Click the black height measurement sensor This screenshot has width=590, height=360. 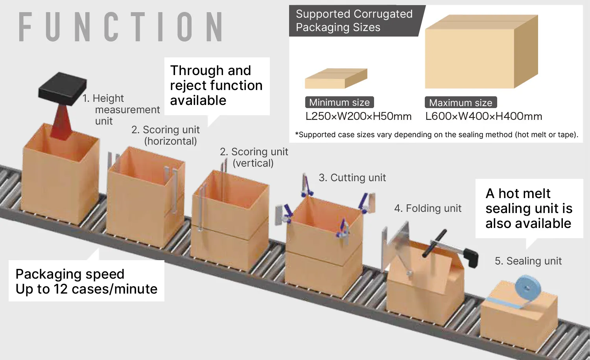click(63, 88)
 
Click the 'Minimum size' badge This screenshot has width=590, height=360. click(339, 103)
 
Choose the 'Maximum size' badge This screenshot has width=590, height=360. click(461, 103)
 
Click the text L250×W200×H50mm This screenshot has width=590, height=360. click(358, 116)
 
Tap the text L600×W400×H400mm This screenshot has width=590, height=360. click(483, 116)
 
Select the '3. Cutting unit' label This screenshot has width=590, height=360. click(352, 178)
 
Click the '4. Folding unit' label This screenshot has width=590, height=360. click(428, 208)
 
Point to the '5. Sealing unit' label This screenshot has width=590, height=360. click(528, 261)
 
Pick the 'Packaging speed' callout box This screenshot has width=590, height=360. click(87, 281)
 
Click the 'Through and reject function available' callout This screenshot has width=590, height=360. click(216, 86)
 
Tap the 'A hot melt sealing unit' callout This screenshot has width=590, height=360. click(529, 208)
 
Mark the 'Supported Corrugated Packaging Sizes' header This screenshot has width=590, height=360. click(354, 21)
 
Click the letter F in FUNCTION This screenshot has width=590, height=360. click(25, 27)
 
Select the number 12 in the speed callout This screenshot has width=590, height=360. click(61, 289)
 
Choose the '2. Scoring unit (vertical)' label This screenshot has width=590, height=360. click(254, 157)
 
